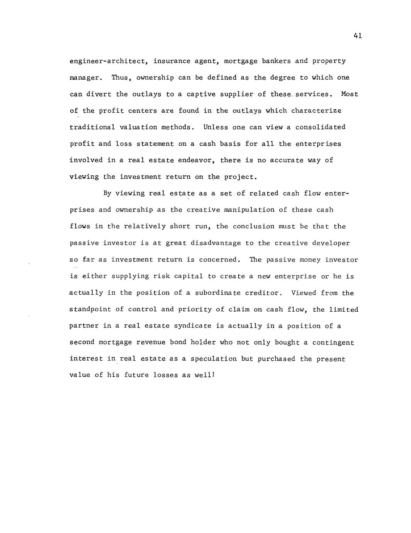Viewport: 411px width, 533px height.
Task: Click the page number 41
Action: (357, 36)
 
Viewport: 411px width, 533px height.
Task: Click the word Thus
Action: (122, 78)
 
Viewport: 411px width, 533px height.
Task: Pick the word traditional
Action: (92, 127)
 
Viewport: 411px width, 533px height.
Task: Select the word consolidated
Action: (320, 127)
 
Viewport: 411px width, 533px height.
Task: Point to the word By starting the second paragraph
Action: (107, 194)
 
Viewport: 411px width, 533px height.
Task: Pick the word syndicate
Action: (193, 326)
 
